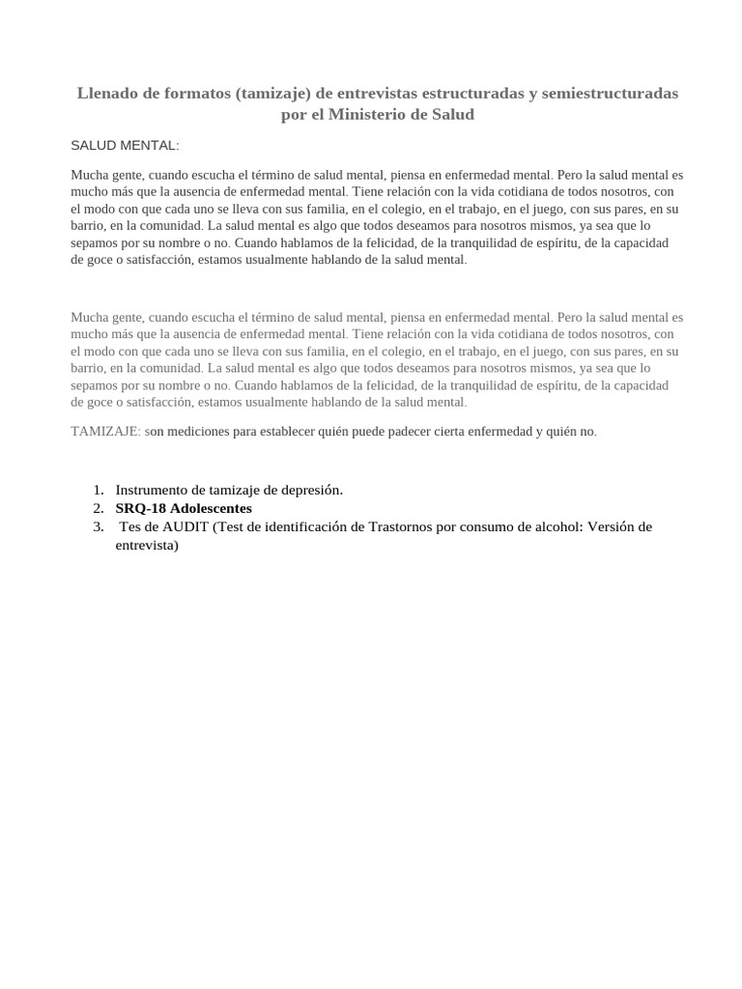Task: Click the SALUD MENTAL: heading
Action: tap(125, 146)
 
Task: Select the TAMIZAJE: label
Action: tap(105, 432)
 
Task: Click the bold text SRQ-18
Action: tap(140, 508)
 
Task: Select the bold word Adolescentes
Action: tap(211, 508)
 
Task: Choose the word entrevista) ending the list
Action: tap(147, 545)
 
